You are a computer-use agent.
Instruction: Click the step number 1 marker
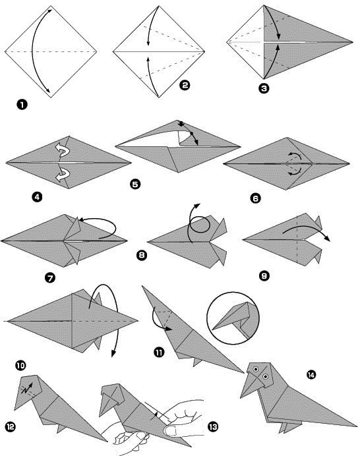pyautogui.click(x=22, y=103)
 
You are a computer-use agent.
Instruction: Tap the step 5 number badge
pyautogui.click(x=135, y=185)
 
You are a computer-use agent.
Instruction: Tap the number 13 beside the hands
pyautogui.click(x=212, y=426)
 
